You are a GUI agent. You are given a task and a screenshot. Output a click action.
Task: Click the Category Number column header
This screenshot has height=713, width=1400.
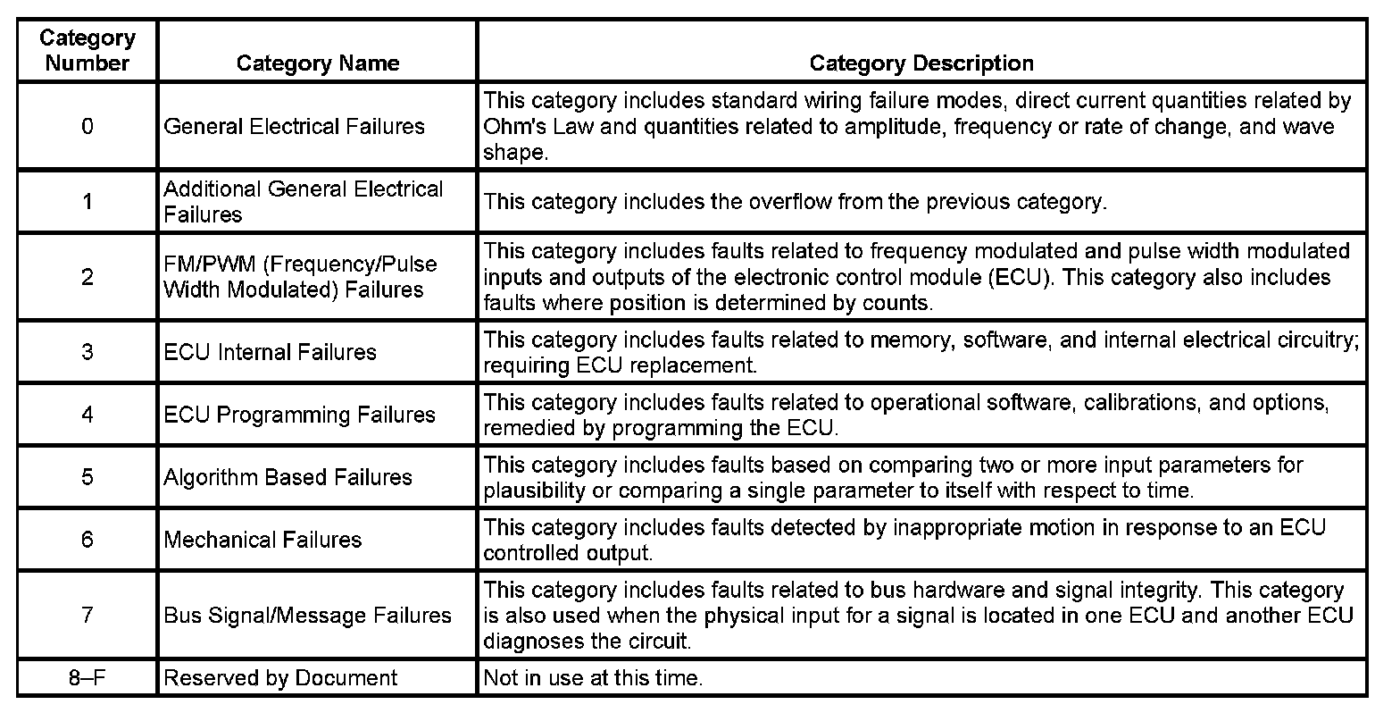87,51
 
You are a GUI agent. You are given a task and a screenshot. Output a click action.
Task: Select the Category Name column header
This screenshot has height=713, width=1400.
317,63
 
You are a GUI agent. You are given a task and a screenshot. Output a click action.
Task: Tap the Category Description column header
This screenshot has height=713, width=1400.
921,63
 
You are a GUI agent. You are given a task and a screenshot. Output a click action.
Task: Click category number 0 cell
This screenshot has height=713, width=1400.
87,126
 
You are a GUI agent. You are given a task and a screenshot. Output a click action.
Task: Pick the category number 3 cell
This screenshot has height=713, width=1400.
87,352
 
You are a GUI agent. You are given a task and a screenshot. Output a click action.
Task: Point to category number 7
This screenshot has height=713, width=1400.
87,616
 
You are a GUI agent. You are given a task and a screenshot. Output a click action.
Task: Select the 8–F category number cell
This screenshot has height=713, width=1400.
87,678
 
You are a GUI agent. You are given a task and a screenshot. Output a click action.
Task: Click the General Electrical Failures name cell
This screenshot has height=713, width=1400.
294,126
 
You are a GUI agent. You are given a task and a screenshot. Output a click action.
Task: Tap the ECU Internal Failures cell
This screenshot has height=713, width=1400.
270,352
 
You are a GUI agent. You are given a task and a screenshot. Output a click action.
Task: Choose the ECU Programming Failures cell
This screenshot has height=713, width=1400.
299,415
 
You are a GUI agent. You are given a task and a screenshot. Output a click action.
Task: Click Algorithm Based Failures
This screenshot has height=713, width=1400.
287,477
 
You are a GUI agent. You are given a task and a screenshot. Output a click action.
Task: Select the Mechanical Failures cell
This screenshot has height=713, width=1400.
262,540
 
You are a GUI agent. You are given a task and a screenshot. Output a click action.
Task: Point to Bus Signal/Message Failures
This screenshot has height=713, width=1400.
307,616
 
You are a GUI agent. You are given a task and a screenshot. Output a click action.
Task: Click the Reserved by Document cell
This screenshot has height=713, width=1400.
279,678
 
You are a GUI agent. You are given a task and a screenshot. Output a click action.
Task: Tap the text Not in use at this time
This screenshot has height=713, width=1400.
593,678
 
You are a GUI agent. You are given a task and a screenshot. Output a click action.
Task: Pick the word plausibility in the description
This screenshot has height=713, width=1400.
535,491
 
